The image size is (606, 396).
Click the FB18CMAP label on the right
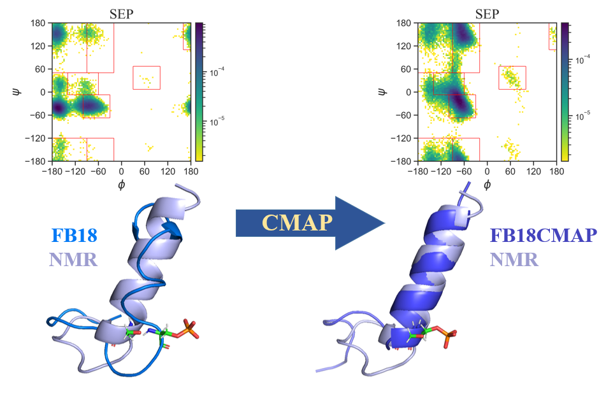click(x=543, y=236)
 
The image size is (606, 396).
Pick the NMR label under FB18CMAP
click(x=514, y=259)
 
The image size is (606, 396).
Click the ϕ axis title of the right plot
click(x=487, y=185)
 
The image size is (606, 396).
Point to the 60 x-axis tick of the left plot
click(x=145, y=171)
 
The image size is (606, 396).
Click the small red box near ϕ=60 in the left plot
click(x=146, y=78)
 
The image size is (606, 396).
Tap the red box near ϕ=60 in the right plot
click(x=512, y=78)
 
